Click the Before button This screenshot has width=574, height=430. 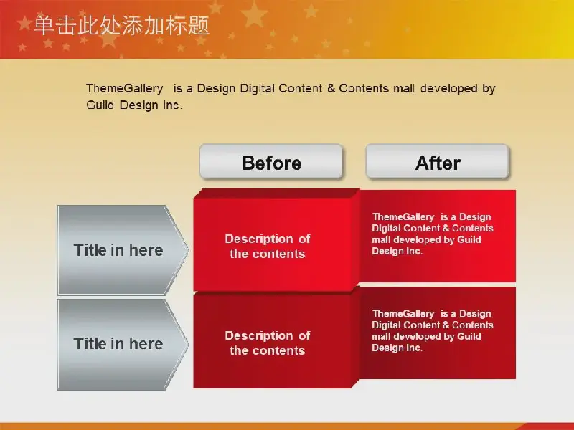pyautogui.click(x=271, y=162)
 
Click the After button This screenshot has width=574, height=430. pyautogui.click(x=438, y=162)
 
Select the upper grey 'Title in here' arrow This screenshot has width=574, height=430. pyautogui.click(x=123, y=250)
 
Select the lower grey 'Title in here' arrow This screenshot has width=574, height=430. pyautogui.click(x=123, y=345)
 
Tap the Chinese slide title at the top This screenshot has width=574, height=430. pyautogui.click(x=121, y=26)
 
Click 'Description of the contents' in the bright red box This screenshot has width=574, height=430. pyautogui.click(x=268, y=246)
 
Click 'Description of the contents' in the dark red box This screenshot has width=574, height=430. pyautogui.click(x=268, y=343)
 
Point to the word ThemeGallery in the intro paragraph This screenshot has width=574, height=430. pyautogui.click(x=125, y=88)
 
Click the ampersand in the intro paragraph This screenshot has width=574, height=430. pyautogui.click(x=331, y=88)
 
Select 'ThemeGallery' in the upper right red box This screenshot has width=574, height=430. pyautogui.click(x=403, y=217)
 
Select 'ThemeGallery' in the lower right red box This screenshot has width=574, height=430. pyautogui.click(x=403, y=313)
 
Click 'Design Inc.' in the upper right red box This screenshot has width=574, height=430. pyautogui.click(x=397, y=251)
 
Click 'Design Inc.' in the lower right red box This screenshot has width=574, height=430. pyautogui.click(x=397, y=348)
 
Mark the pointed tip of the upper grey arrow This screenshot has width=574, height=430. pyautogui.click(x=188, y=250)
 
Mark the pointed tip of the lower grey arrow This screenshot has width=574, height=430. pyautogui.click(x=188, y=345)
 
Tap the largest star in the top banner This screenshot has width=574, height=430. pyautogui.click(x=254, y=14)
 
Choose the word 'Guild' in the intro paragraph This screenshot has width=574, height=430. pyautogui.click(x=100, y=105)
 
